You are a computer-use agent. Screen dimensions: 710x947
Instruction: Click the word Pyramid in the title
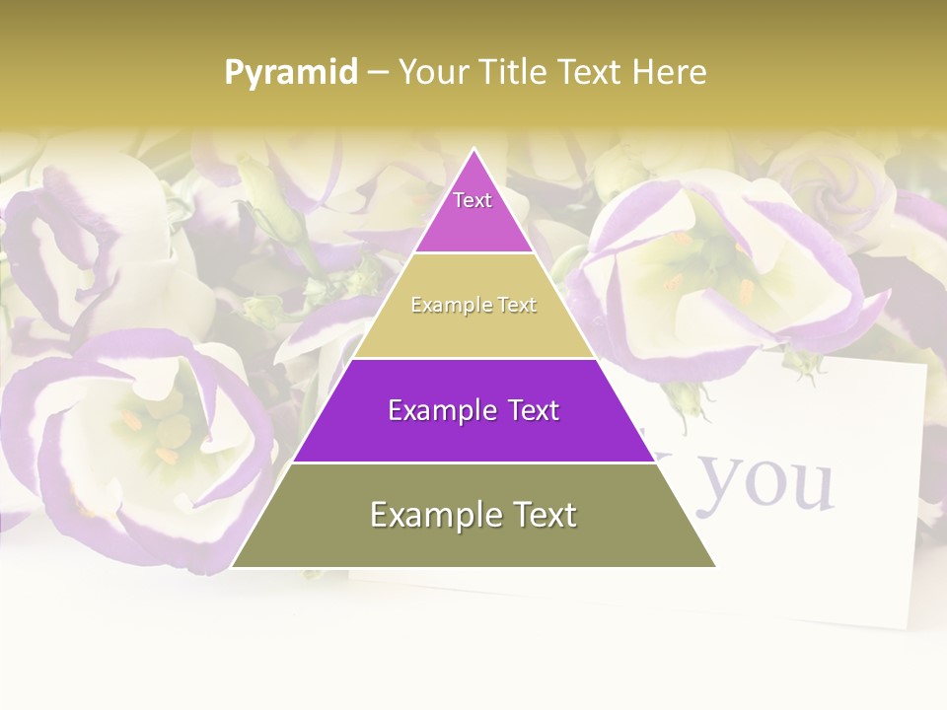click(290, 73)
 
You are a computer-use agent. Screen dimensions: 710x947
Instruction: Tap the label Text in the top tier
click(473, 200)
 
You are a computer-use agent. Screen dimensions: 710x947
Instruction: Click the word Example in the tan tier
click(442, 306)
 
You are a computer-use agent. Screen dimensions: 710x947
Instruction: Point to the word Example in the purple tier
click(433, 410)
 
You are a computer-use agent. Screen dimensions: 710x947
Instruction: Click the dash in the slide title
click(377, 73)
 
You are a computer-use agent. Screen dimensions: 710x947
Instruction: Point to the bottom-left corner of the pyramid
click(232, 567)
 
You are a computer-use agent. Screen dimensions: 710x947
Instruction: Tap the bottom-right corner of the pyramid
click(716, 567)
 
